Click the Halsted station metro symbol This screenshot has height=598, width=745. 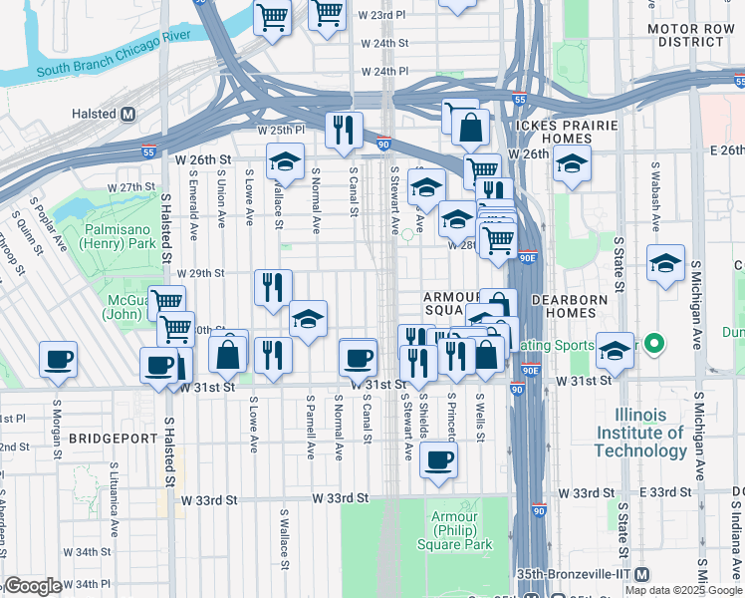[127, 115]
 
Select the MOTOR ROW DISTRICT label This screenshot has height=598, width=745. [690, 36]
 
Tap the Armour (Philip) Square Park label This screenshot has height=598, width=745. [461, 530]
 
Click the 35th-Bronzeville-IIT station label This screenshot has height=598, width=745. [581, 574]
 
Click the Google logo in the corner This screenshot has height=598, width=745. [33, 586]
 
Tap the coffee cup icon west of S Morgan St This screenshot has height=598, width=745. [59, 359]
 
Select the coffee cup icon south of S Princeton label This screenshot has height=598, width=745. [438, 459]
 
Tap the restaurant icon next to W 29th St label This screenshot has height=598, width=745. [273, 287]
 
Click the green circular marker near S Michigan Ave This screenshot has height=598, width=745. [653, 346]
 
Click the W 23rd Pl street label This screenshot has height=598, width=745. [376, 16]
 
